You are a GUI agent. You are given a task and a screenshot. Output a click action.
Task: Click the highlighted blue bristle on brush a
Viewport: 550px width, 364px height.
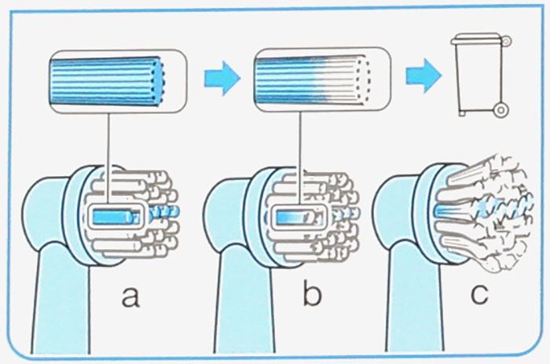tap(115, 215)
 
